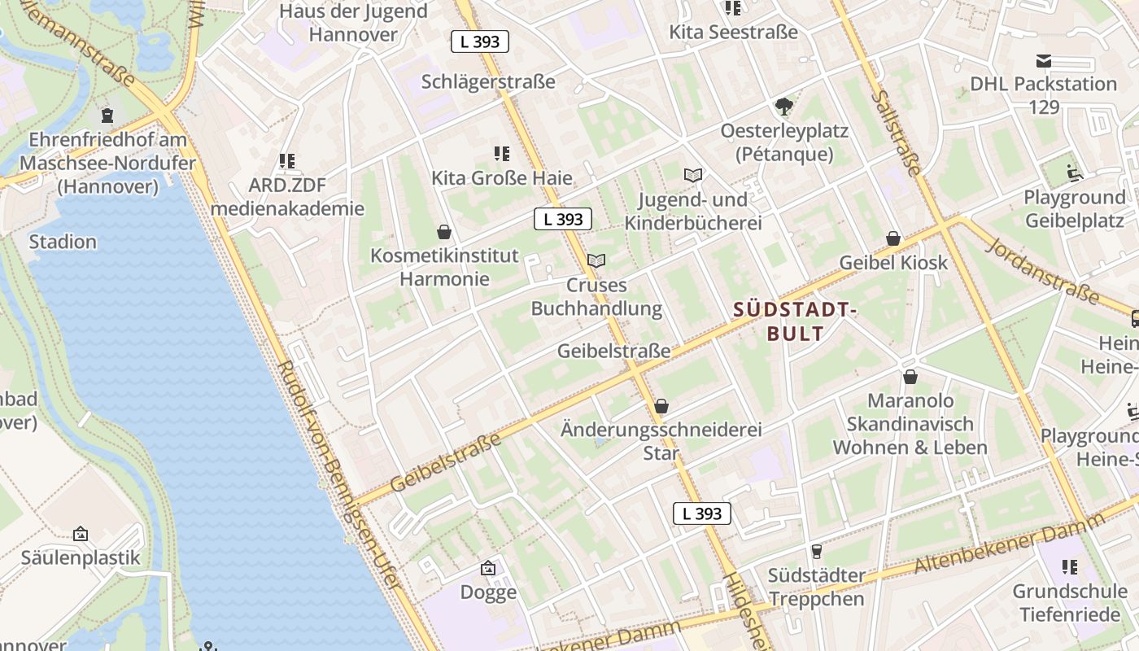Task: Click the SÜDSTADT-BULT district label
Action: [x=796, y=321]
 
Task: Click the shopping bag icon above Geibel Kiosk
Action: [x=893, y=238]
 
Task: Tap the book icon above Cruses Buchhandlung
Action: [x=596, y=260]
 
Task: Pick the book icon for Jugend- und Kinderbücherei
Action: [x=693, y=175]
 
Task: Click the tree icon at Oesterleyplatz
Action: [x=784, y=106]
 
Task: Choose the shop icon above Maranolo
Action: [x=910, y=377]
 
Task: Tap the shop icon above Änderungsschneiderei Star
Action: [x=661, y=405]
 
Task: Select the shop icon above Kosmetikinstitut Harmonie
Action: [x=444, y=232]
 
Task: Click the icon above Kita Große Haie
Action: [x=502, y=153]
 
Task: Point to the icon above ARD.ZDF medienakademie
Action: [x=286, y=161]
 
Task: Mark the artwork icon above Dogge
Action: [x=488, y=568]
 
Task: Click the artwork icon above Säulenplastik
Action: [x=81, y=534]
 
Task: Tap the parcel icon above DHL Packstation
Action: [x=1044, y=60]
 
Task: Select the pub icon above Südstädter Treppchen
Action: [x=817, y=551]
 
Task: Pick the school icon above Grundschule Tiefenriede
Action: [x=1070, y=566]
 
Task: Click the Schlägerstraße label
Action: [x=488, y=81]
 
